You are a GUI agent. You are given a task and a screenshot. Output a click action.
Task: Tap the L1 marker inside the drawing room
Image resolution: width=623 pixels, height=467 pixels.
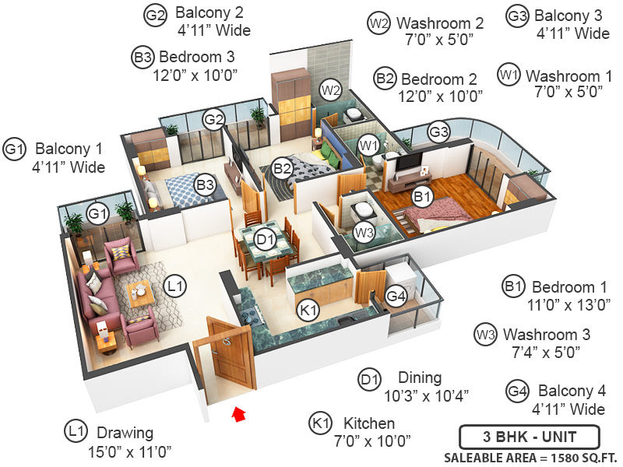click(x=176, y=287)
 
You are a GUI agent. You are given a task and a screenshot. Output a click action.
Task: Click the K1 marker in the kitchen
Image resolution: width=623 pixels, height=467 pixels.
click(x=309, y=310)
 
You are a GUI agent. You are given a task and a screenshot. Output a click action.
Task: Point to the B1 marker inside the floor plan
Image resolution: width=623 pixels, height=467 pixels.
click(x=422, y=198)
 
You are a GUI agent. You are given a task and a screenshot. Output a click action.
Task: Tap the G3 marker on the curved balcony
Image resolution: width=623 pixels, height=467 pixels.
click(x=439, y=132)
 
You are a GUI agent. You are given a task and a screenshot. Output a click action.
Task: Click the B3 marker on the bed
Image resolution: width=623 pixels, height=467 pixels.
click(x=205, y=185)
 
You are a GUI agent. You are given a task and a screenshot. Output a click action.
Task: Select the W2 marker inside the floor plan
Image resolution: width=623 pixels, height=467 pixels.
click(x=332, y=89)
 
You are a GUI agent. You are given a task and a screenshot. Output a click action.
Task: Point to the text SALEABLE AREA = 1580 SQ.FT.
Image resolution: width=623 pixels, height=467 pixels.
click(x=530, y=457)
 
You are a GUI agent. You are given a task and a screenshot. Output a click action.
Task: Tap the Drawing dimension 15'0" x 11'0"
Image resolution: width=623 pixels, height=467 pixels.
click(x=130, y=451)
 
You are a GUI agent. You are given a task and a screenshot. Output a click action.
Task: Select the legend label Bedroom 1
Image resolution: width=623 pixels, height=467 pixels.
click(x=569, y=287)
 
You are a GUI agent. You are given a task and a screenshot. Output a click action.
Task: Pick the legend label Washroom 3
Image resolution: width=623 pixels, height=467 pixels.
click(x=546, y=335)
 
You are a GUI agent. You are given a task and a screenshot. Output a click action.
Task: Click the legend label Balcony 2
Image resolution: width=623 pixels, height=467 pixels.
click(x=209, y=13)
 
